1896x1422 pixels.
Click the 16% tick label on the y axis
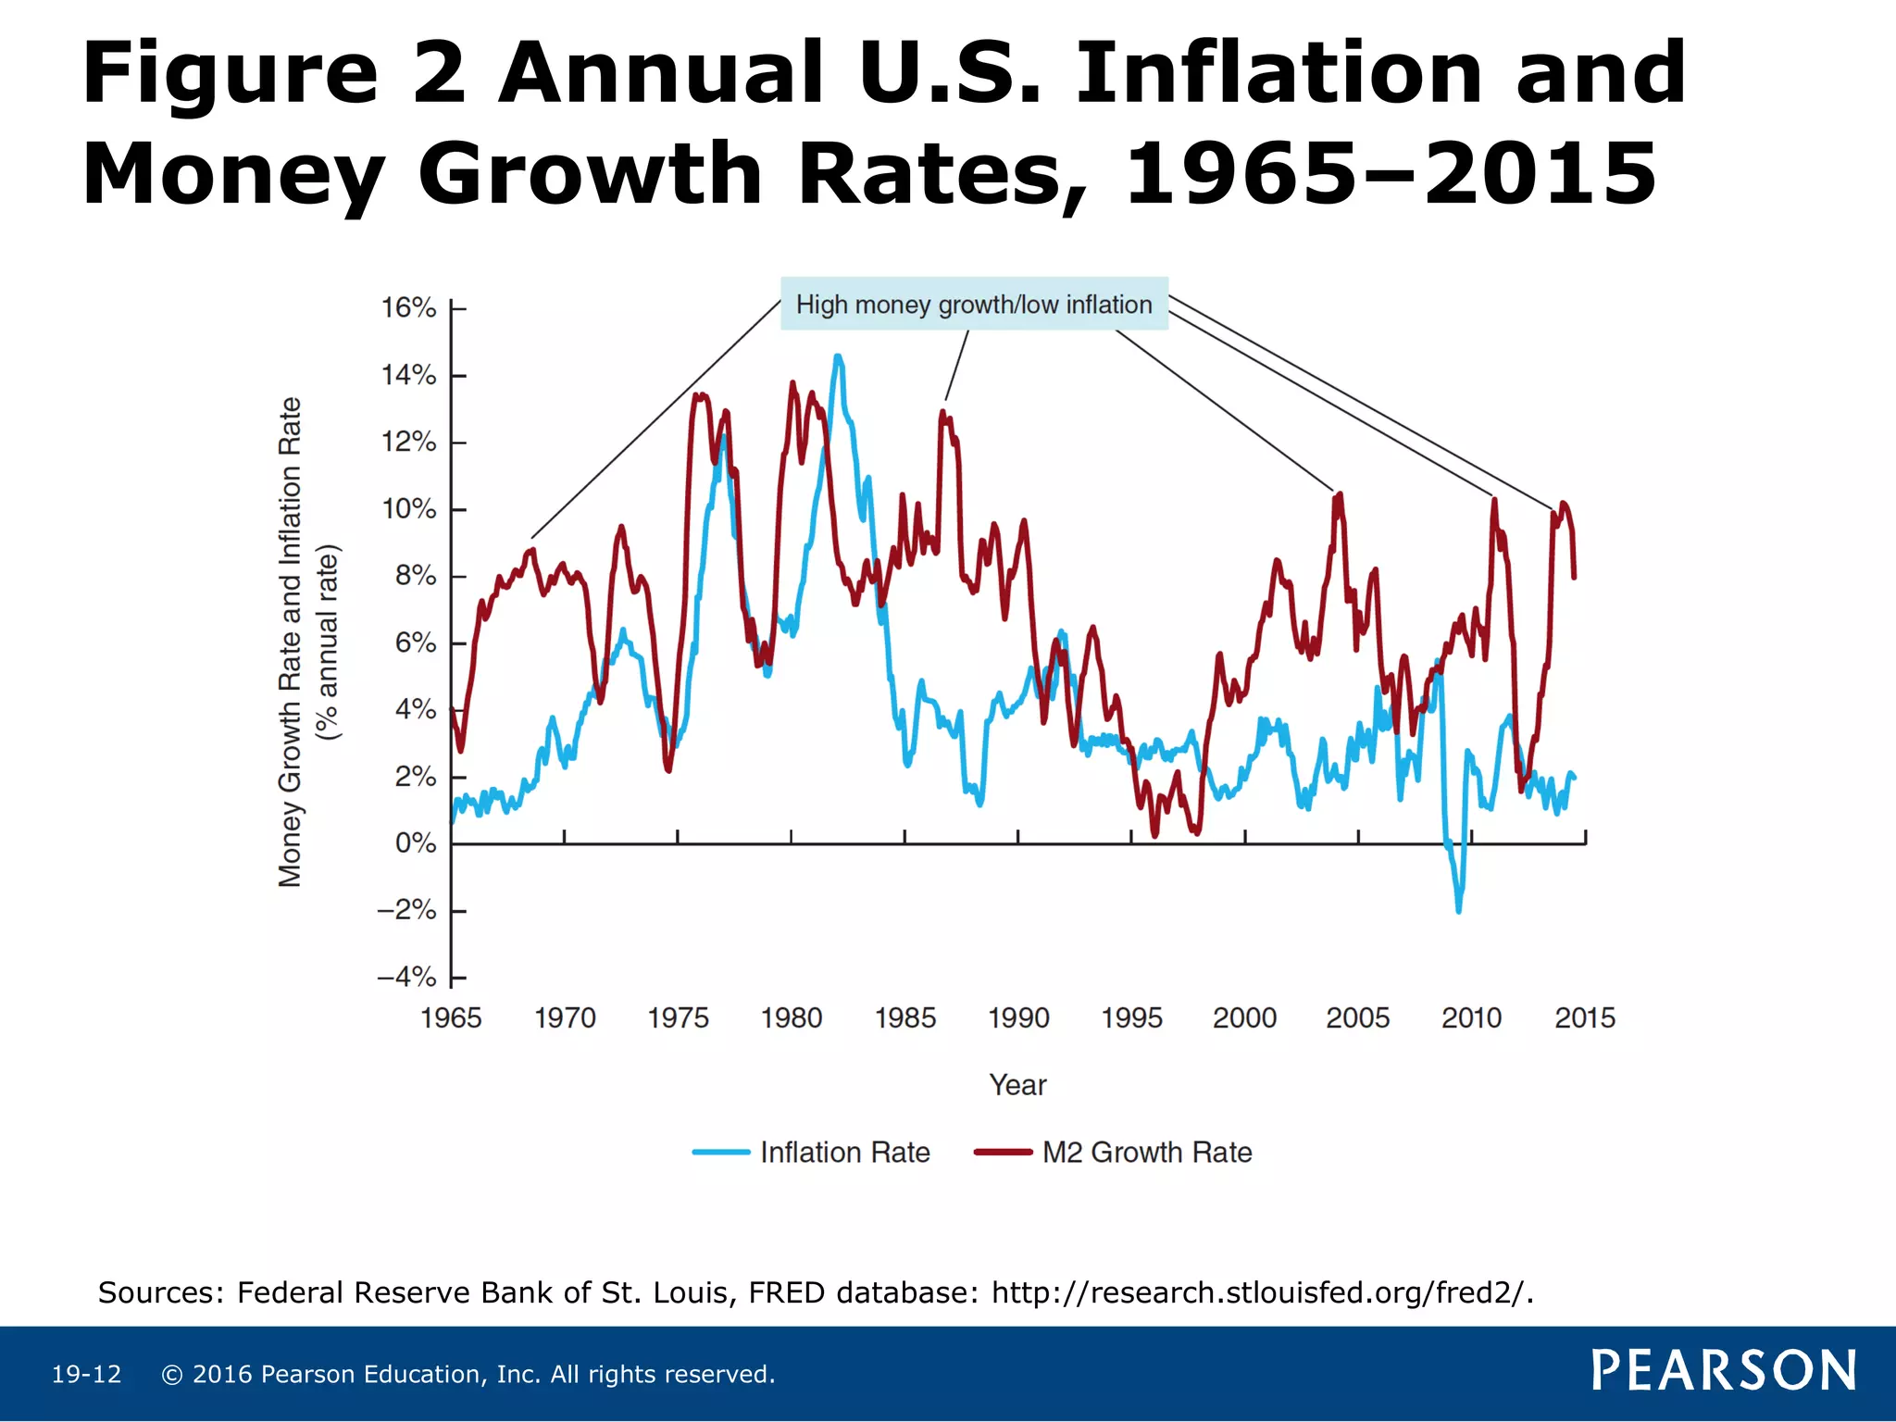408,308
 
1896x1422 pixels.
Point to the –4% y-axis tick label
406,978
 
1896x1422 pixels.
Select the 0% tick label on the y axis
415,843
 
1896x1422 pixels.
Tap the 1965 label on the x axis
451,1018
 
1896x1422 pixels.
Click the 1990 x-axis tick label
1018,1018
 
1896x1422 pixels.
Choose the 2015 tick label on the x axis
1585,1018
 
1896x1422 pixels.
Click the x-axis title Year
1017,1085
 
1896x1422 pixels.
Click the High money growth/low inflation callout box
974,305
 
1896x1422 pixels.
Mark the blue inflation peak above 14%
837,357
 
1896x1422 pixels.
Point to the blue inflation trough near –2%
1459,910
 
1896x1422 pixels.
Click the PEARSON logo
1723,1371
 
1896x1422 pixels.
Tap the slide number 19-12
86,1375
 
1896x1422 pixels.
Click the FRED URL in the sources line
1262,1292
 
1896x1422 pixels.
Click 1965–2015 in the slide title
1391,174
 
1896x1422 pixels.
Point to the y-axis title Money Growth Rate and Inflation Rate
291,642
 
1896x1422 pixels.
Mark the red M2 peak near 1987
943,413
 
